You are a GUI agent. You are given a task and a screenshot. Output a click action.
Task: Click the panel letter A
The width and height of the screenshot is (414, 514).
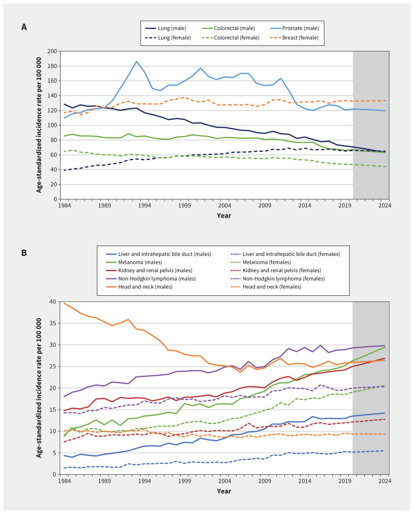tap(24, 27)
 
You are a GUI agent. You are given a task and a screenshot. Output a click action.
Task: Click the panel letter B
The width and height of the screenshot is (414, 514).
tap(24, 252)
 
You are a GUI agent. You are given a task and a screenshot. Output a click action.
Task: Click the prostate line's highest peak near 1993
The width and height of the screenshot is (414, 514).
tap(136, 61)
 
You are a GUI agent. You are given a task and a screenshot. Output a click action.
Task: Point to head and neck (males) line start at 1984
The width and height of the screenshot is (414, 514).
tap(64, 303)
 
